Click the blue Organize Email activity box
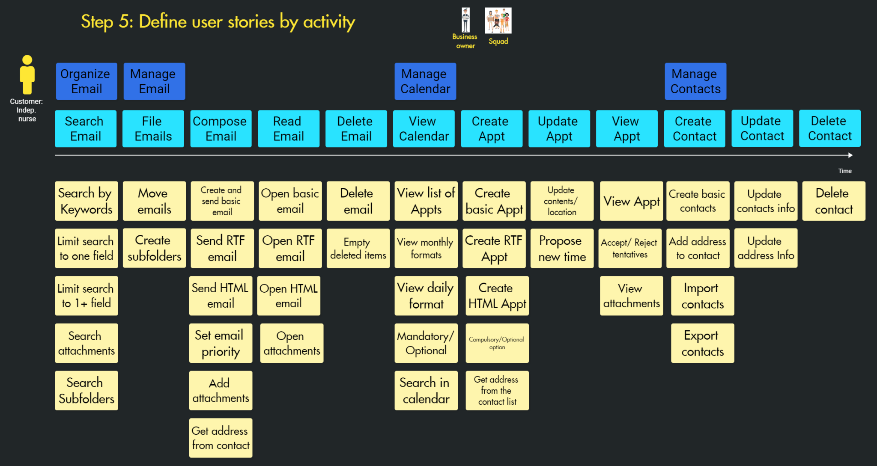click(x=86, y=81)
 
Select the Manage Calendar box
click(x=425, y=81)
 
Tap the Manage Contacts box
click(x=695, y=81)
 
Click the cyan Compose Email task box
click(x=221, y=129)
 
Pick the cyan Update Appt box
click(x=559, y=129)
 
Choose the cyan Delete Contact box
click(x=829, y=128)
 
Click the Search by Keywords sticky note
click(x=86, y=201)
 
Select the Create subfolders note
click(x=154, y=248)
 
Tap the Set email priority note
click(x=221, y=343)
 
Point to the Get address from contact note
click(x=221, y=438)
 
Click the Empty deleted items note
click(x=358, y=248)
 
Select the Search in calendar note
click(x=426, y=390)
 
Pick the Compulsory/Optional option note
click(x=497, y=343)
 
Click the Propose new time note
click(x=562, y=248)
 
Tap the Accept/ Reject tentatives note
click(x=629, y=248)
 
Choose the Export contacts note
click(x=702, y=343)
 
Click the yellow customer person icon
click(x=27, y=75)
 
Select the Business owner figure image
click(x=465, y=20)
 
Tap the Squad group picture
click(x=498, y=20)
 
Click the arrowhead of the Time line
click(x=850, y=155)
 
